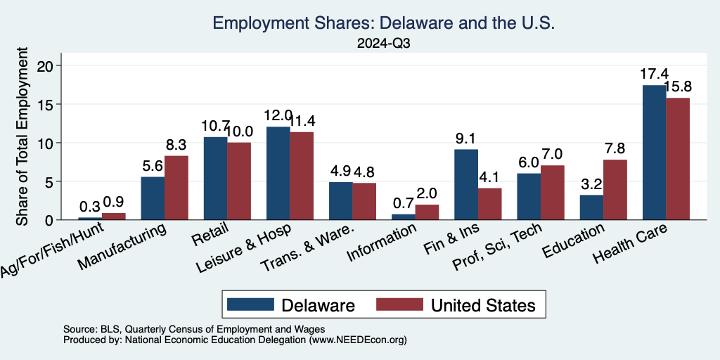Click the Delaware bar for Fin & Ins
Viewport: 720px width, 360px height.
coord(465,184)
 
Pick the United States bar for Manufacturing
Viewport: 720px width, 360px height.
coord(176,188)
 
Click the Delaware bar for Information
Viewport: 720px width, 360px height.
coord(403,217)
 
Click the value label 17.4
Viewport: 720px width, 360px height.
coord(654,74)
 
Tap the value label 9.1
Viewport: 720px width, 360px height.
coord(465,139)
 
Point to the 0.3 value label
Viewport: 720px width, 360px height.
coord(89,207)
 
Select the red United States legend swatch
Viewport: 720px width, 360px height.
coord(399,304)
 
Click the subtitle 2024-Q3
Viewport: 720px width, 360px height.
coord(383,44)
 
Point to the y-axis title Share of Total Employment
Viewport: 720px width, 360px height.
coord(22,136)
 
